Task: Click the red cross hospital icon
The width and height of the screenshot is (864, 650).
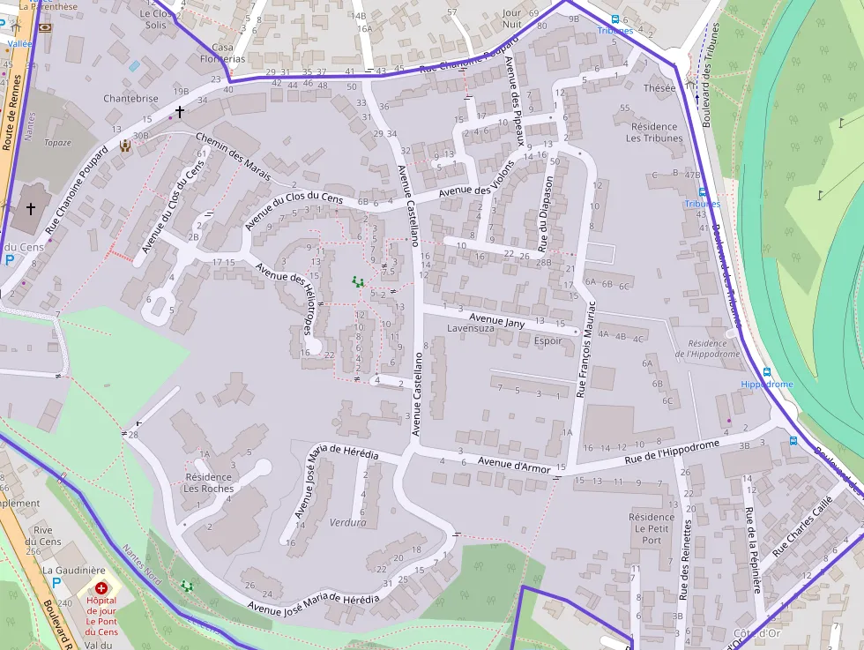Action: [101, 587]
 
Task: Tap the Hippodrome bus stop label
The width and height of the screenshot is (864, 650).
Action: [766, 385]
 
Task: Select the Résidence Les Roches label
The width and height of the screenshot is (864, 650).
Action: [208, 482]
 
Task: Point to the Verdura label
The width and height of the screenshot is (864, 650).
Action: [347, 522]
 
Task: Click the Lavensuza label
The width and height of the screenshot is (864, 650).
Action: [472, 328]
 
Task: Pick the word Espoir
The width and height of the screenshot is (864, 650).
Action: [547, 341]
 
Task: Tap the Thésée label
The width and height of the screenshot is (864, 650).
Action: [659, 88]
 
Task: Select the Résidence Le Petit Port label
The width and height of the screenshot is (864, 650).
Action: [652, 528]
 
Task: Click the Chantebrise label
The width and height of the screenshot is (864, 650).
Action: [130, 99]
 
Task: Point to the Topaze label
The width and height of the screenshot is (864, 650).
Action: [57, 142]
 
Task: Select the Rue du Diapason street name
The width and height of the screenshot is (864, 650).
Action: [546, 211]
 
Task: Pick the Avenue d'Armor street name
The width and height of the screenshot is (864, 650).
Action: [513, 465]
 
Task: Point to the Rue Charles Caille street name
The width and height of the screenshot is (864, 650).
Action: [802, 527]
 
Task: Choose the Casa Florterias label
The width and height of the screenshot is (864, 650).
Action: [228, 53]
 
